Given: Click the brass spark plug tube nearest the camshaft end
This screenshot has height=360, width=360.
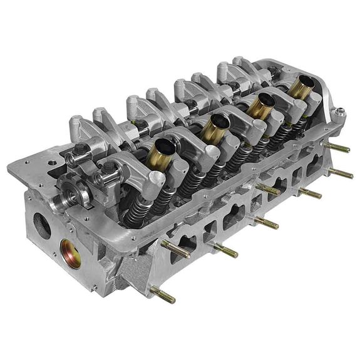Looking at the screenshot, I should click(160, 153).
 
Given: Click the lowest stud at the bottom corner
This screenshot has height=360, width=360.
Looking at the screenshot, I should click(162, 295).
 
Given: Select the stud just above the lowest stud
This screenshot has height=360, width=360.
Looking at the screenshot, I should click(177, 249).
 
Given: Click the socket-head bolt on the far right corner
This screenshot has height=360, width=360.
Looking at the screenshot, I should click(340, 113).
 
